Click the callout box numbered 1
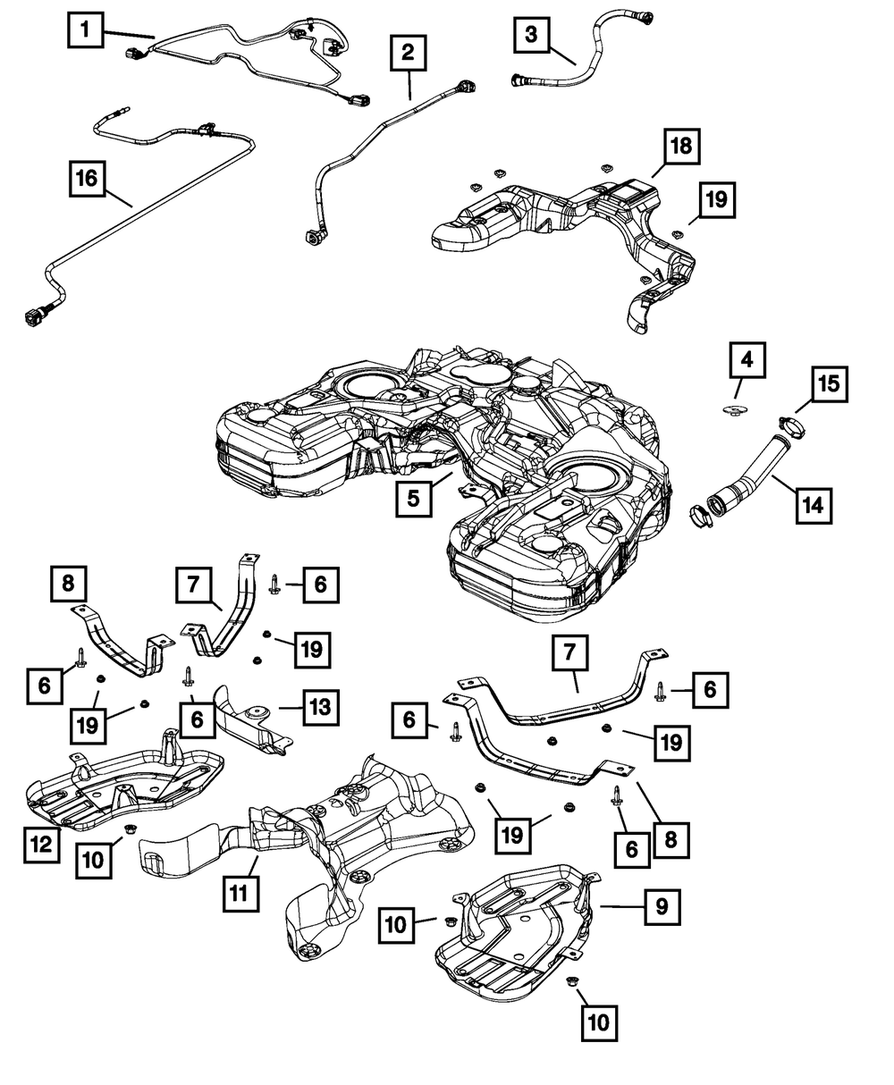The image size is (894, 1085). (x=85, y=30)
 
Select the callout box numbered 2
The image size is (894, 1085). (x=409, y=53)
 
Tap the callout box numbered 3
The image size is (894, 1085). (x=531, y=35)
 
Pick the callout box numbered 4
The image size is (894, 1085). (x=746, y=359)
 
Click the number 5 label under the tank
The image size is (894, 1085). (x=414, y=499)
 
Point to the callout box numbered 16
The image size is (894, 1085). (x=88, y=179)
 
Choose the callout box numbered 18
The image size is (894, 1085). (x=681, y=147)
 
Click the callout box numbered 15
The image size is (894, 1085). (x=830, y=384)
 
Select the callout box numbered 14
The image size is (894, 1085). (x=814, y=506)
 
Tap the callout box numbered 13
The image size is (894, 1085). (x=321, y=707)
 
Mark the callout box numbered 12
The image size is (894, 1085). (x=42, y=845)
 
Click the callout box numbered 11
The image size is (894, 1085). (x=240, y=894)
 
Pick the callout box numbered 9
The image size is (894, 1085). (x=662, y=907)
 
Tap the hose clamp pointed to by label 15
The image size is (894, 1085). (x=791, y=426)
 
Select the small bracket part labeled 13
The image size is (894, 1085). (x=253, y=719)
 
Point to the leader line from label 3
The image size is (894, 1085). (x=562, y=56)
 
